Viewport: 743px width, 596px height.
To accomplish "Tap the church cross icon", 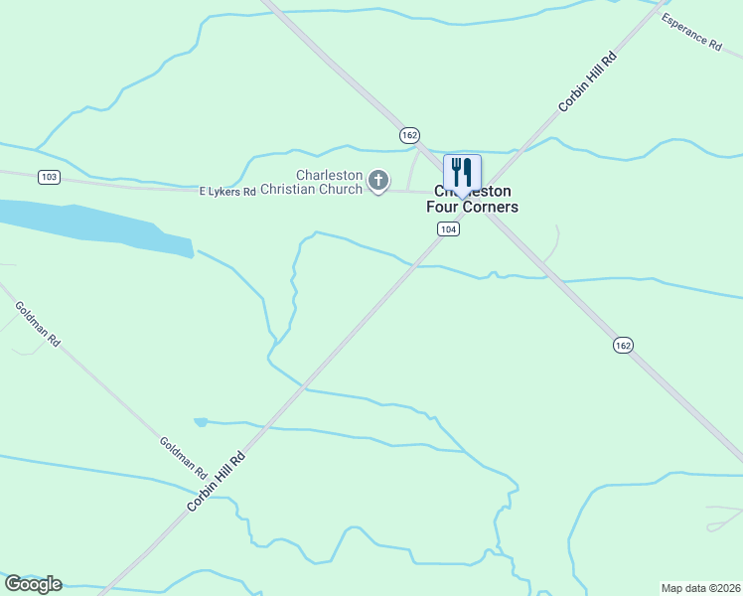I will [x=377, y=181].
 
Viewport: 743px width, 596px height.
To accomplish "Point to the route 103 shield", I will [x=49, y=177].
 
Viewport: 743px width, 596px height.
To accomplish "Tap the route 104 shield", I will [x=448, y=228].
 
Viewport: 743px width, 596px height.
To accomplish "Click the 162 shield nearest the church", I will [x=410, y=135].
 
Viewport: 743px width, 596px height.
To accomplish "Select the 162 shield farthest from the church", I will [x=622, y=345].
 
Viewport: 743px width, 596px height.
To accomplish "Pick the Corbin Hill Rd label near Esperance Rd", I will [x=587, y=81].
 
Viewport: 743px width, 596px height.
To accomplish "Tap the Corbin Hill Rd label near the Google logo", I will [x=216, y=480].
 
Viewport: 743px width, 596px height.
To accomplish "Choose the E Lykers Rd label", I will [x=227, y=191].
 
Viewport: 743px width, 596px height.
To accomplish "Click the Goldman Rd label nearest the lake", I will [x=39, y=324].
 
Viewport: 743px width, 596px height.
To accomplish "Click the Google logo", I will [x=33, y=584].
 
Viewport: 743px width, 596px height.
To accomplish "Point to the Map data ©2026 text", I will [x=700, y=587].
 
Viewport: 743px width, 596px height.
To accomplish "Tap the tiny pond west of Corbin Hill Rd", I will [x=201, y=422].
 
